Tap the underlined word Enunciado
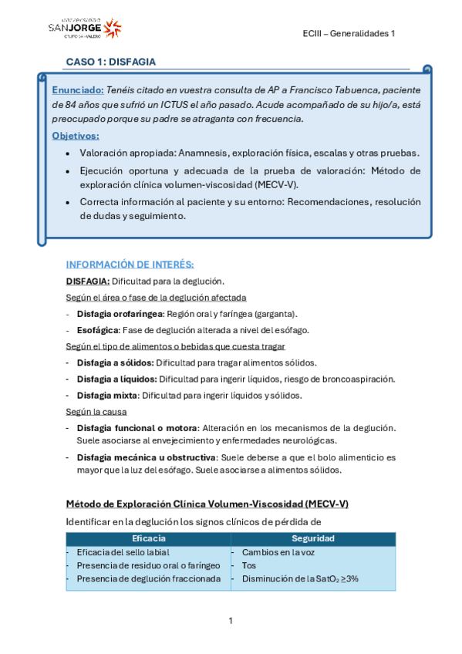coord(77,89)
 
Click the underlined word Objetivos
coord(76,136)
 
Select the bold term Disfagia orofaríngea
coord(120,314)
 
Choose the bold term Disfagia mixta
coord(106,396)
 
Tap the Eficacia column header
coord(148,538)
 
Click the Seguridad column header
coord(312,538)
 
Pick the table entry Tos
coord(249,565)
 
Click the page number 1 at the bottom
coord(231,620)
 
